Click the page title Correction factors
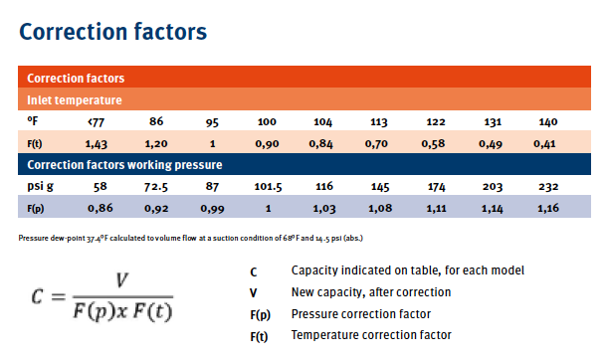[113, 31]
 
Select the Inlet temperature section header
[75, 99]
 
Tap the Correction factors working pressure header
[123, 164]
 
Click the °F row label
[32, 121]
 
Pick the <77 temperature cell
[97, 121]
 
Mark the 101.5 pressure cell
[267, 186]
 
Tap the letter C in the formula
[37, 299]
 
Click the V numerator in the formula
[121, 282]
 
